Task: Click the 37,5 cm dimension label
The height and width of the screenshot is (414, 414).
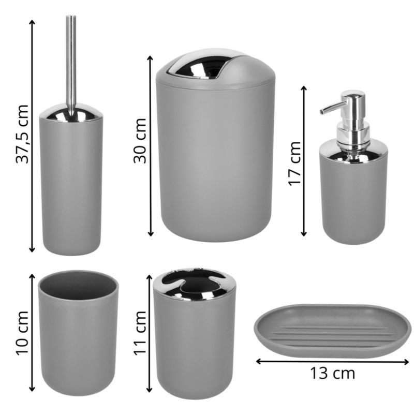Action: tap(22, 134)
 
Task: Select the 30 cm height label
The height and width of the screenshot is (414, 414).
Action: tap(140, 141)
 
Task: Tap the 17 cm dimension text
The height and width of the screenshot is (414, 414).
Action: tap(294, 164)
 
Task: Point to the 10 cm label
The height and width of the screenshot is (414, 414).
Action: tap(22, 333)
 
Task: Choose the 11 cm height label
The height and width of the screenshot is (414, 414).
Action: tap(140, 333)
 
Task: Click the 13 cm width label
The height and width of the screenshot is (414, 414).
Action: tap(332, 373)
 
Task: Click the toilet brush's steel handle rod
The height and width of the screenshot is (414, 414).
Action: tap(71, 66)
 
